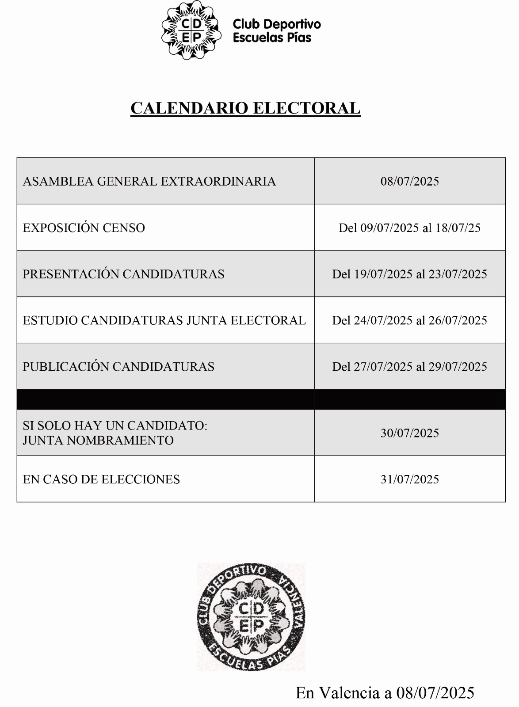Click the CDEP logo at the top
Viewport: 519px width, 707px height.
(191, 30)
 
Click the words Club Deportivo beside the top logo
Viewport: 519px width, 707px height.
(276, 24)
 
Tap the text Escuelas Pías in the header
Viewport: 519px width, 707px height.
(272, 38)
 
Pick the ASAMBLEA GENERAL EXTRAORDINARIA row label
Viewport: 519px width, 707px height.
(149, 181)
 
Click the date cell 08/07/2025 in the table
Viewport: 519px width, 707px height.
(409, 181)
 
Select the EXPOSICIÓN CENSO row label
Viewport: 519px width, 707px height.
(84, 228)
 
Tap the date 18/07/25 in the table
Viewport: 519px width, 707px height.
(458, 228)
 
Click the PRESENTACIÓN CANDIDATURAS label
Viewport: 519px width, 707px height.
(123, 274)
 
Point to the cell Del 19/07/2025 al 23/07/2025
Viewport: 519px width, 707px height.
(409, 274)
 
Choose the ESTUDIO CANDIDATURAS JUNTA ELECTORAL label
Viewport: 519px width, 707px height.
(164, 320)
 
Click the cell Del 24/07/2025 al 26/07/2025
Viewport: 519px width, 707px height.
(409, 320)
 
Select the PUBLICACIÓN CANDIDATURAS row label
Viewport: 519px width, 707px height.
(118, 367)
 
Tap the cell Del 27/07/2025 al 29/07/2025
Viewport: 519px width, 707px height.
(409, 367)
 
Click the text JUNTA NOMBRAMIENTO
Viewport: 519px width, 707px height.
(98, 440)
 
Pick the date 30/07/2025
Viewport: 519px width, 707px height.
(409, 433)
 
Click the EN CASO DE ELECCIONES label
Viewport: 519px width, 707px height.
(101, 479)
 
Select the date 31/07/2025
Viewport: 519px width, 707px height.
(409, 479)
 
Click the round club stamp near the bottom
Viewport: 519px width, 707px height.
(251, 616)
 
